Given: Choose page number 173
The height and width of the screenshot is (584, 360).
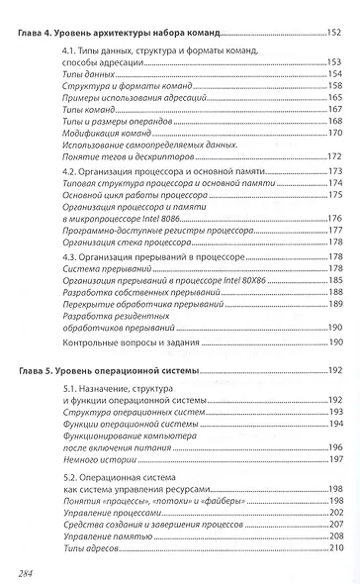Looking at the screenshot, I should pos(334,171).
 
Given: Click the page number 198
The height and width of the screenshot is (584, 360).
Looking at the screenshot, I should pos(334,488).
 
